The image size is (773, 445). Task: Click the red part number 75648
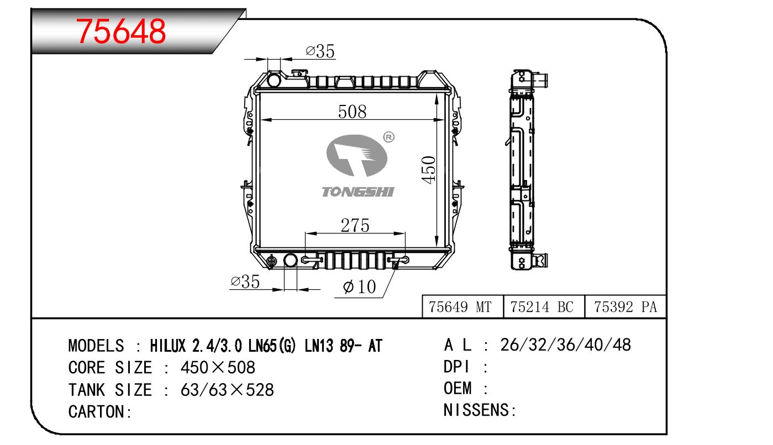(x=121, y=31)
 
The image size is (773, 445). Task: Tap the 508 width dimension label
(x=352, y=112)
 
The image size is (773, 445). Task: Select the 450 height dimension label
(x=429, y=169)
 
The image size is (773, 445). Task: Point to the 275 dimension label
(x=355, y=225)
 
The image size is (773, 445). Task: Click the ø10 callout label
(x=359, y=287)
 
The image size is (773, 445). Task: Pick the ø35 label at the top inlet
(x=320, y=51)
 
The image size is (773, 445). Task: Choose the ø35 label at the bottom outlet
(x=245, y=282)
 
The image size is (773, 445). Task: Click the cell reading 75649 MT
(x=460, y=306)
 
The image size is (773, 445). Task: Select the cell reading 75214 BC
(x=541, y=306)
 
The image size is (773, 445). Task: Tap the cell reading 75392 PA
(x=625, y=306)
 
